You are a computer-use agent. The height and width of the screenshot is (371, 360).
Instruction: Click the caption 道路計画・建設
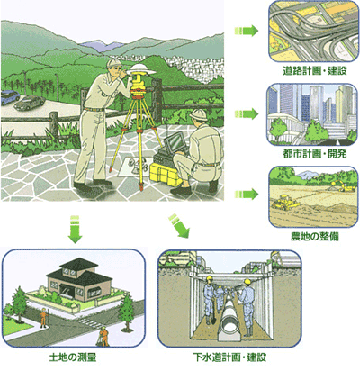pyautogui.click(x=315, y=71)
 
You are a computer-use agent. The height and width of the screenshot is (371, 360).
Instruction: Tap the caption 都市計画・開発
pyautogui.click(x=315, y=154)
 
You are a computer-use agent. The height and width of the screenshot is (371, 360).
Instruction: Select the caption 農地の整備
pyautogui.click(x=315, y=236)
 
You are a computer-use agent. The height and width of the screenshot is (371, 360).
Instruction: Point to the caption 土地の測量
pyautogui.click(x=73, y=357)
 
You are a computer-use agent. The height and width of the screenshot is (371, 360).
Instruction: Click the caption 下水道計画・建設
pyautogui.click(x=230, y=357)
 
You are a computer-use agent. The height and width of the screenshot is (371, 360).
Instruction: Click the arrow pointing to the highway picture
pyautogui.click(x=247, y=31)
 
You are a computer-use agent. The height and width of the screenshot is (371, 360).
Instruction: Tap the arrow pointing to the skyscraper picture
pyautogui.click(x=247, y=114)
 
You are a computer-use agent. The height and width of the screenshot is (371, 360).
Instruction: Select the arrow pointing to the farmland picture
pyautogui.click(x=247, y=194)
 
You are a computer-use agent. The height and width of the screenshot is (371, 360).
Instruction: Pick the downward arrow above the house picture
pyautogui.click(x=75, y=229)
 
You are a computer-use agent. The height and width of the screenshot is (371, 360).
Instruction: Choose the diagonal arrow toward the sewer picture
pyautogui.click(x=179, y=225)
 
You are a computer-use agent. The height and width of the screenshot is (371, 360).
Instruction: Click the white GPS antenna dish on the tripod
pyautogui.click(x=141, y=70)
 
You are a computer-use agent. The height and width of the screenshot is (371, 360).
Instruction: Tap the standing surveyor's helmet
pyautogui.click(x=113, y=63)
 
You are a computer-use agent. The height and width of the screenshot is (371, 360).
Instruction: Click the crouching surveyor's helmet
pyautogui.click(x=199, y=115)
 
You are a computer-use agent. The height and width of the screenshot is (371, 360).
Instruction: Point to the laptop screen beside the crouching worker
pyautogui.click(x=175, y=142)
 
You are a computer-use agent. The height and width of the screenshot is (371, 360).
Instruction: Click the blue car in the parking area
pyautogui.click(x=9, y=96)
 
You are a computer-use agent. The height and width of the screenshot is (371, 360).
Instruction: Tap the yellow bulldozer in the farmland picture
pyautogui.click(x=285, y=202)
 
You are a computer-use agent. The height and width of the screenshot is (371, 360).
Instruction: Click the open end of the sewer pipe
pyautogui.click(x=231, y=325)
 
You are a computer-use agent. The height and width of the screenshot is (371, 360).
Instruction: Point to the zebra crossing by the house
pyautogui.click(x=90, y=322)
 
